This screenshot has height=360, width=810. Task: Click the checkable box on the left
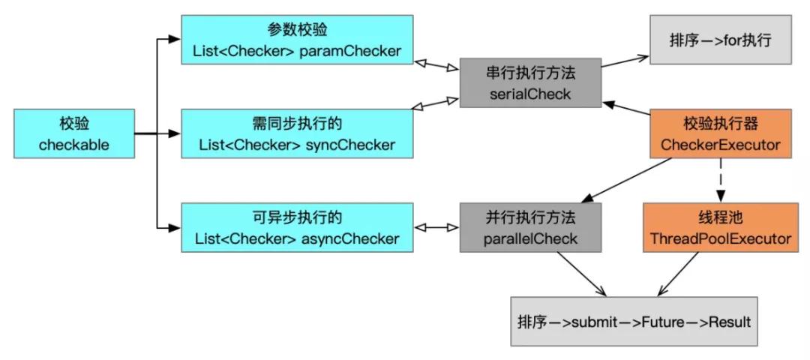click(74, 134)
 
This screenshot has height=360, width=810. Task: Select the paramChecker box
click(296, 40)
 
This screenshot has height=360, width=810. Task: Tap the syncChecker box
click(296, 134)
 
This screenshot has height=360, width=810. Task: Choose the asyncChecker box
click(296, 228)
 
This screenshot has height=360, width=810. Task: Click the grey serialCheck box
click(529, 82)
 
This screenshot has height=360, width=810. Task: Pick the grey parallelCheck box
click(529, 228)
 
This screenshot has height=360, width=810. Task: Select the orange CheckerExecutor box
click(720, 134)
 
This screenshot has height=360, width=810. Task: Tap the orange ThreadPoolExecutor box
click(720, 228)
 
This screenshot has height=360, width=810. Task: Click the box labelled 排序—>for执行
click(720, 40)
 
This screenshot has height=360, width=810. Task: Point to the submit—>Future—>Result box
click(634, 321)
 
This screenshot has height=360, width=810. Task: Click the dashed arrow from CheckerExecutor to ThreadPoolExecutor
click(721, 180)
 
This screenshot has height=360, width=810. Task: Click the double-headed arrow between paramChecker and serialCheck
click(436, 61)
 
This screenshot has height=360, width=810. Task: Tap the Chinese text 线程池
click(720, 218)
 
